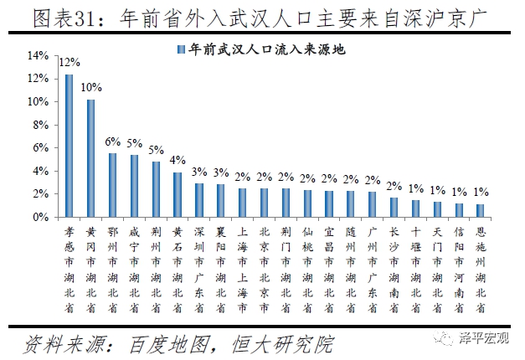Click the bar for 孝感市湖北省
(x=69, y=146)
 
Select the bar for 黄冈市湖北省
(x=90, y=158)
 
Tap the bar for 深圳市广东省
(x=199, y=200)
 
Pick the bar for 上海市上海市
(x=243, y=203)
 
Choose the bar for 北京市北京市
(x=265, y=203)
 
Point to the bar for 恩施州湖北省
(x=480, y=210)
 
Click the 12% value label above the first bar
(x=69, y=62)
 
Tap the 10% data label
(x=90, y=87)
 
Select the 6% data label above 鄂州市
(x=112, y=141)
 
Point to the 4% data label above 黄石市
(x=178, y=160)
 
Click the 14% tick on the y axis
(x=39, y=55)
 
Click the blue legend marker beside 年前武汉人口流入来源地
(x=180, y=49)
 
